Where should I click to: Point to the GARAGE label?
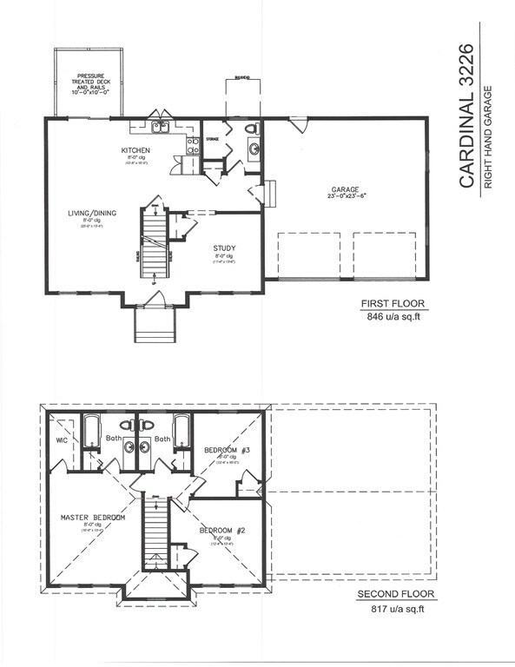coord(345,188)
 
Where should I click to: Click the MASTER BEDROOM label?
coord(93,518)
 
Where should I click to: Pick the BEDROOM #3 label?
coord(228,449)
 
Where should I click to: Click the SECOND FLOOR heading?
coord(396,595)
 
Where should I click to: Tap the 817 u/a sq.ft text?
coord(396,610)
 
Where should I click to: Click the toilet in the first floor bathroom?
coord(252,130)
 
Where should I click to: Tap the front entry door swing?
coord(155,299)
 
